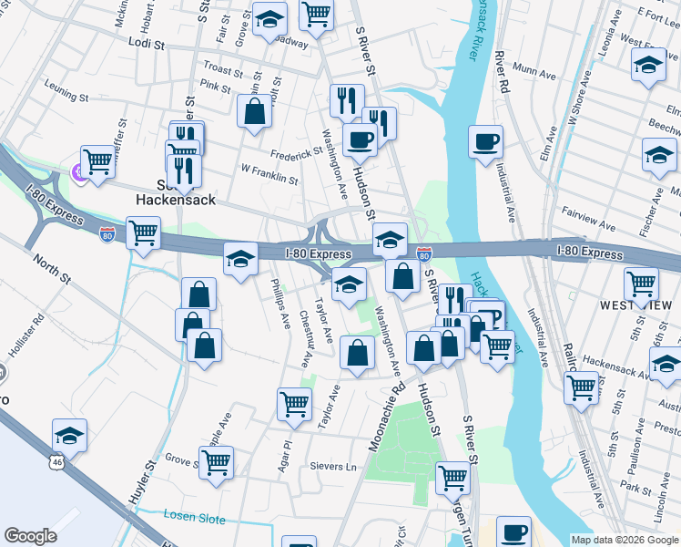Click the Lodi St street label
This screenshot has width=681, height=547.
coord(146,43)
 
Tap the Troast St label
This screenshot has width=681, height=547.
coord(223,69)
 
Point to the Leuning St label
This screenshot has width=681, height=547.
coord(67,95)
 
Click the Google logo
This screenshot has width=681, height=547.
coord(30,536)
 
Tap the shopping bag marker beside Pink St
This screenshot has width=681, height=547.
coord(256,112)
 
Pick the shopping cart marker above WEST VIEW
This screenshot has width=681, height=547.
coord(641,283)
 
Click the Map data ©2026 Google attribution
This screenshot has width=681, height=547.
coord(624,540)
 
